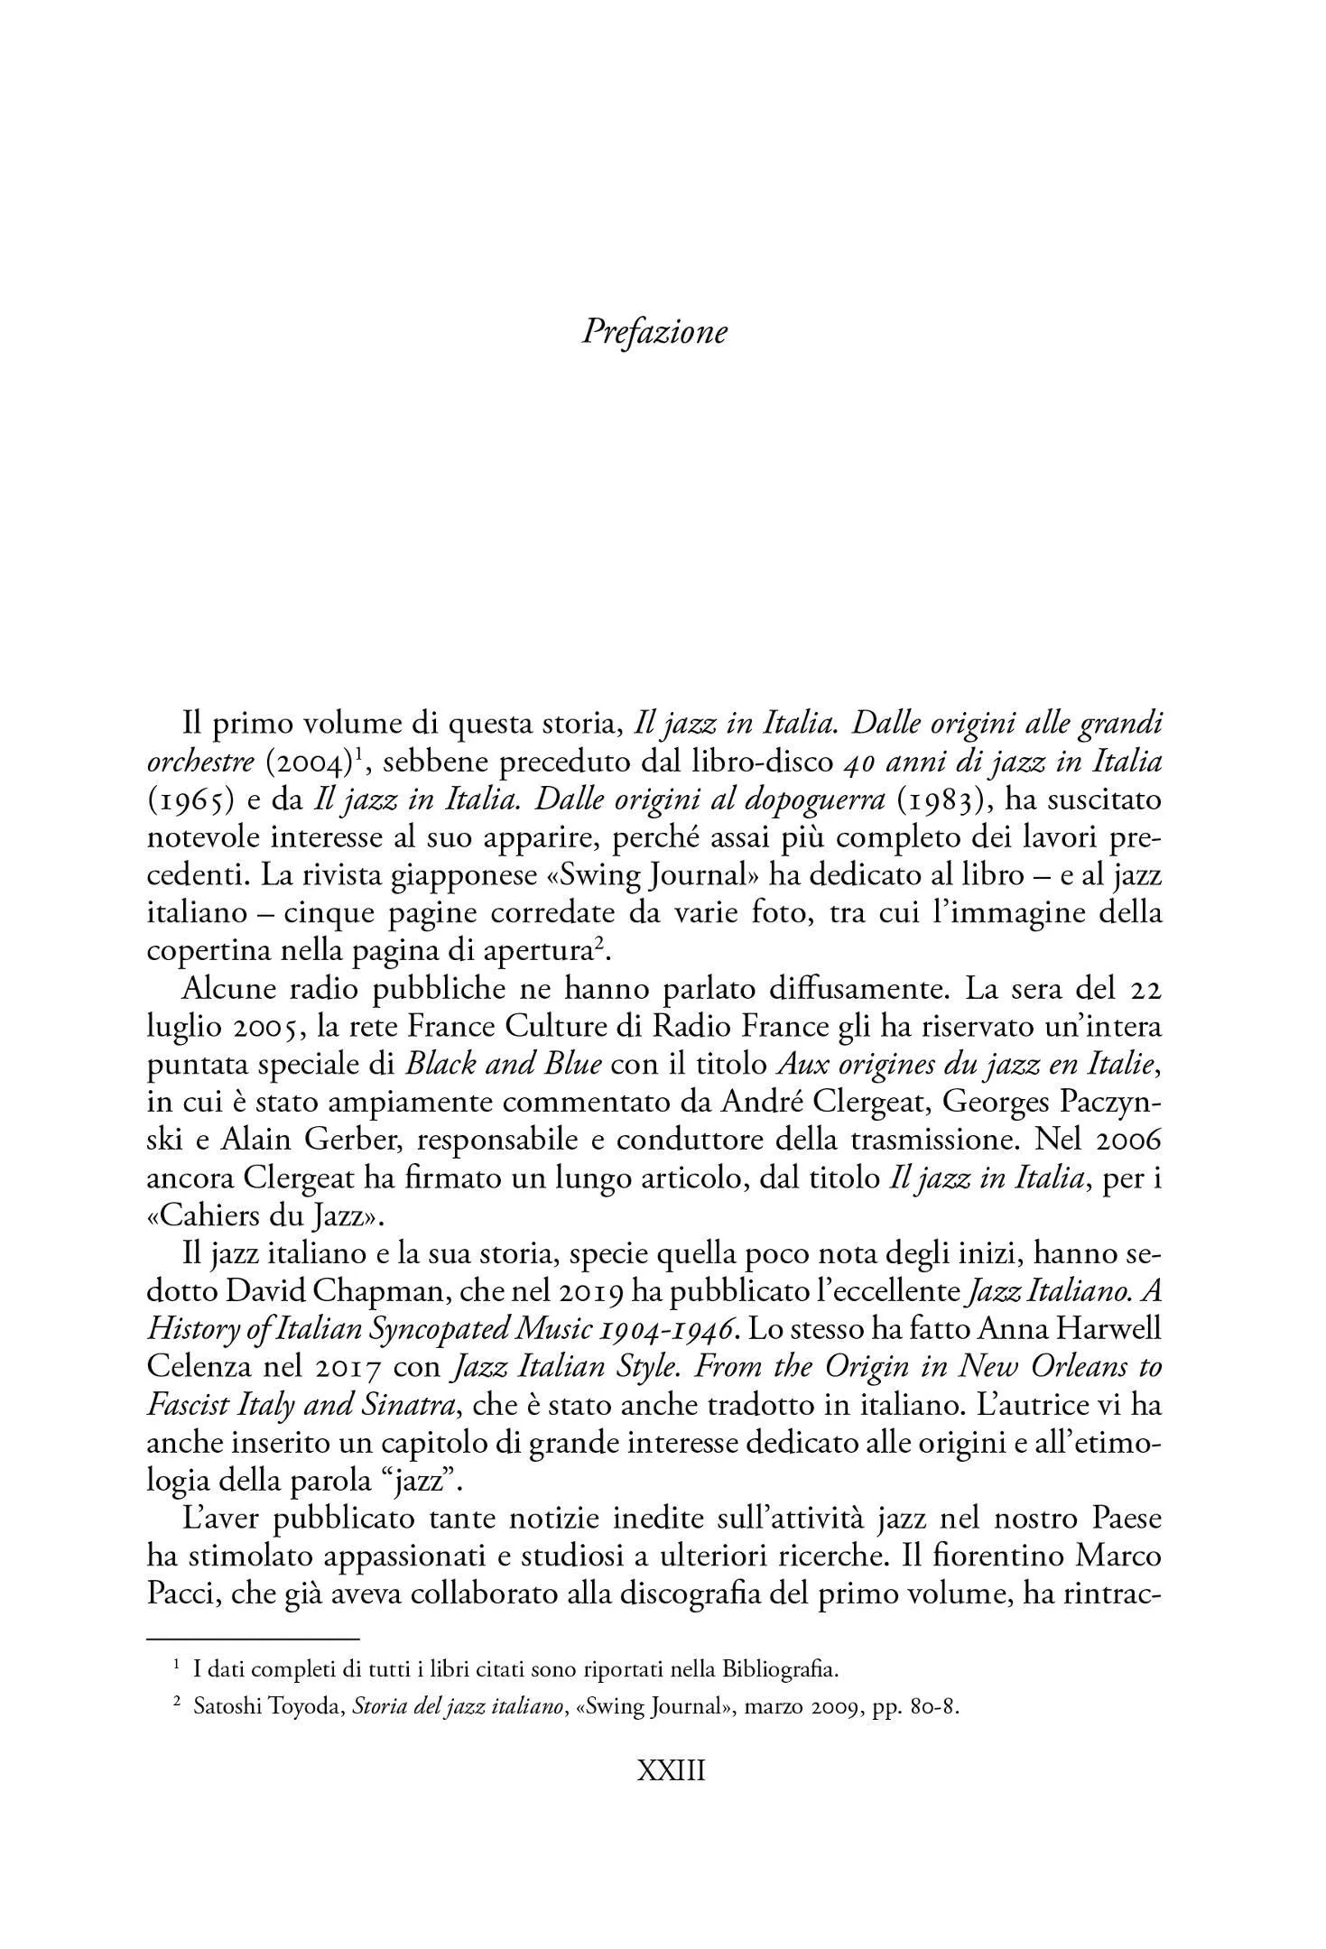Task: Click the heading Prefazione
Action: coord(654,332)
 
